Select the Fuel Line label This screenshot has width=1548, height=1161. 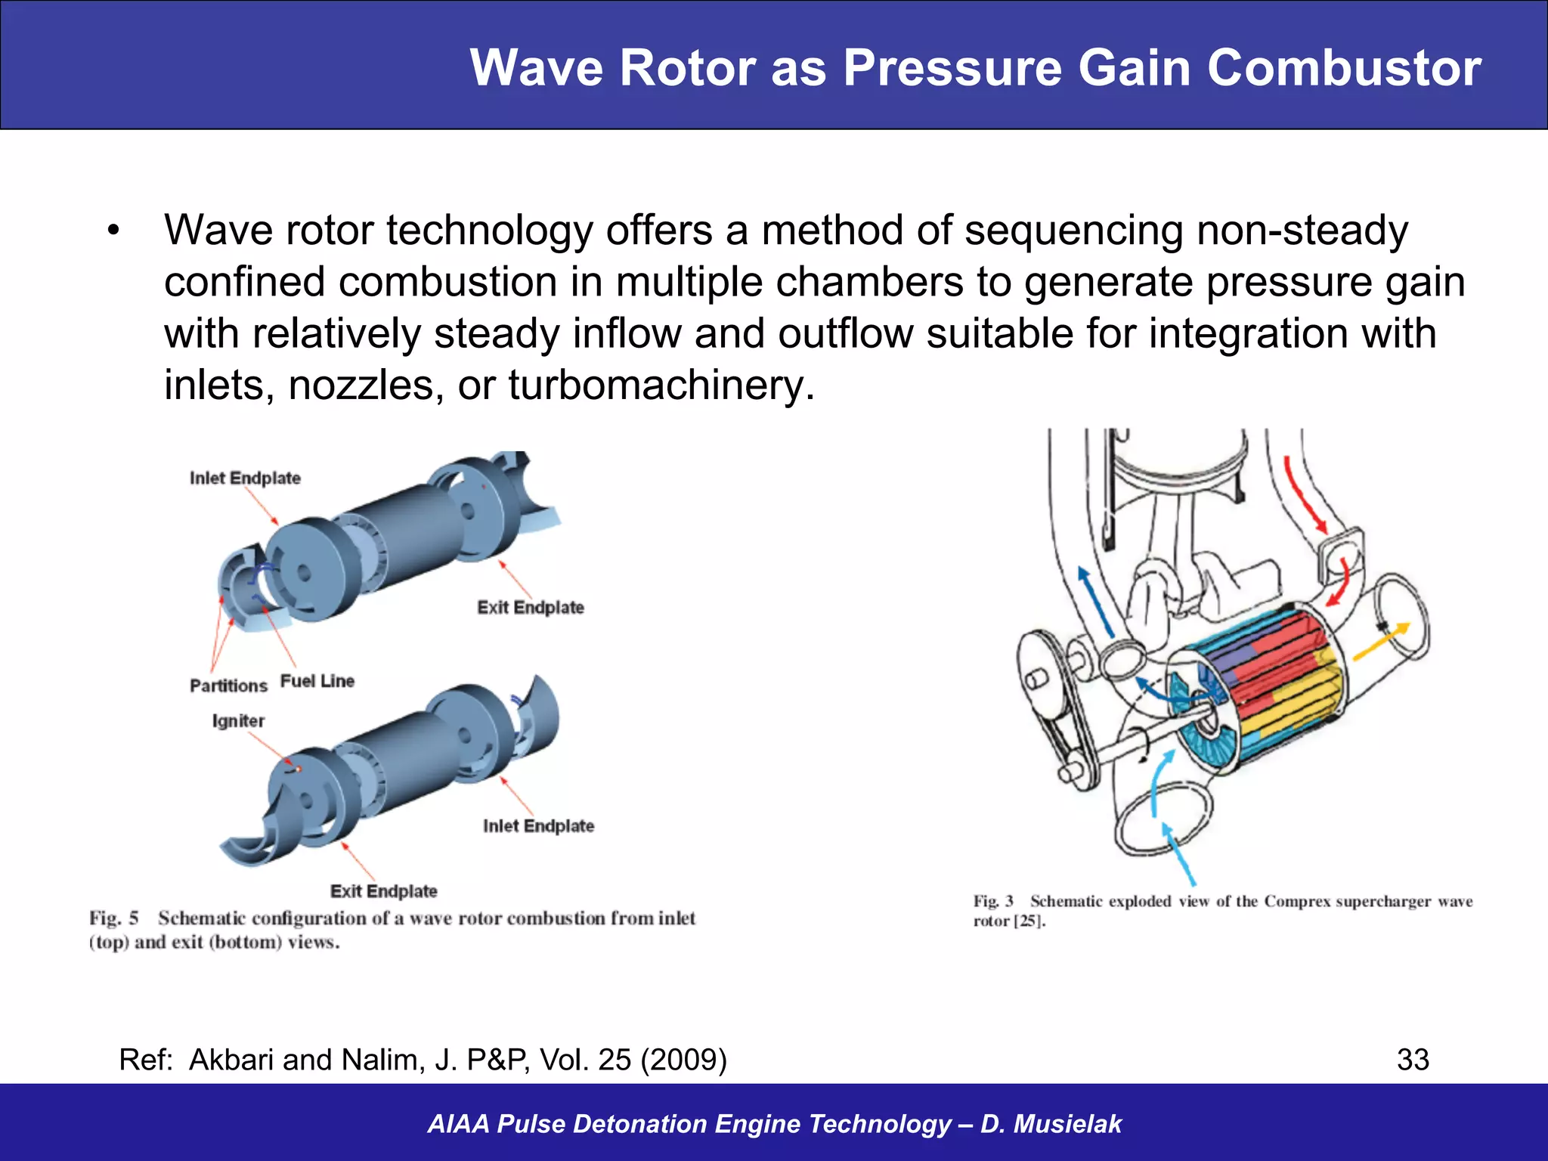pos(317,681)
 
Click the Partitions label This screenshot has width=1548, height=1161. pos(228,686)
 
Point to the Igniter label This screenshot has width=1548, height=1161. pos(238,721)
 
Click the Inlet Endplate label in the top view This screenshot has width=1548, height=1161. pos(245,478)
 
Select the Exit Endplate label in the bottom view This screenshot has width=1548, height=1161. pos(383,891)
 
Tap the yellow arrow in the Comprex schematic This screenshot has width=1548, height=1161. pos(1381,640)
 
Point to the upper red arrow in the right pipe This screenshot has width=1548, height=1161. pos(1305,495)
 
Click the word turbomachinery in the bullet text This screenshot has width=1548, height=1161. pos(661,385)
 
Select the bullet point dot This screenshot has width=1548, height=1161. pos(113,231)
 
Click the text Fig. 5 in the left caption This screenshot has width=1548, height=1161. pos(114,918)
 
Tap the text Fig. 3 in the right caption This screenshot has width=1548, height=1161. pos(992,901)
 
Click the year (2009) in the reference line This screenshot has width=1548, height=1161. pos(683,1060)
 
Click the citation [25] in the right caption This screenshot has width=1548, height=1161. pos(1028,921)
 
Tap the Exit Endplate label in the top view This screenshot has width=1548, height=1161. pos(531,608)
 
